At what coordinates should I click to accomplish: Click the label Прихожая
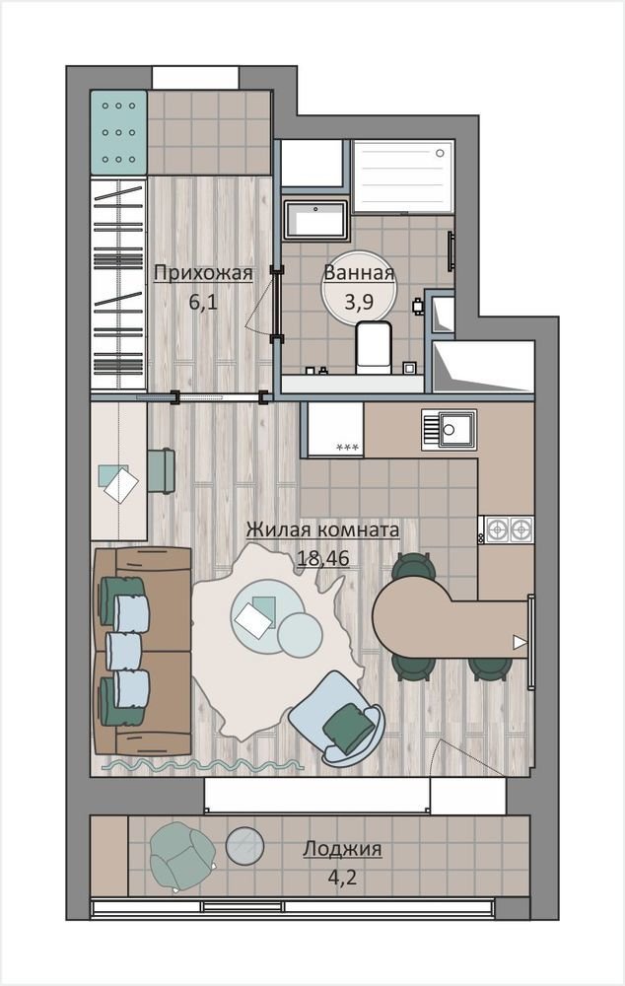(203, 273)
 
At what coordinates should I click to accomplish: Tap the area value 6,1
(203, 302)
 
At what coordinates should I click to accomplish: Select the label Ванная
(359, 272)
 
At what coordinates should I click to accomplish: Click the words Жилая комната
(322, 529)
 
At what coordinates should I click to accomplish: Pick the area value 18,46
(323, 557)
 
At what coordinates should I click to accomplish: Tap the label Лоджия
(342, 849)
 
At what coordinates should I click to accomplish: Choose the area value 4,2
(342, 876)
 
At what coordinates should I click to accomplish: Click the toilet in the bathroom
(374, 347)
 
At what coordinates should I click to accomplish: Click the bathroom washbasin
(315, 220)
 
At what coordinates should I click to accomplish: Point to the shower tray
(403, 176)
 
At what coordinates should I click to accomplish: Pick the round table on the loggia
(244, 846)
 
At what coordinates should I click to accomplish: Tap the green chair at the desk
(162, 470)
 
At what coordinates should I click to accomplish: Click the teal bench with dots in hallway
(119, 133)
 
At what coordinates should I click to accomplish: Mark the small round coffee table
(300, 634)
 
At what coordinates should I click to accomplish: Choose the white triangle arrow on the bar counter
(520, 642)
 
